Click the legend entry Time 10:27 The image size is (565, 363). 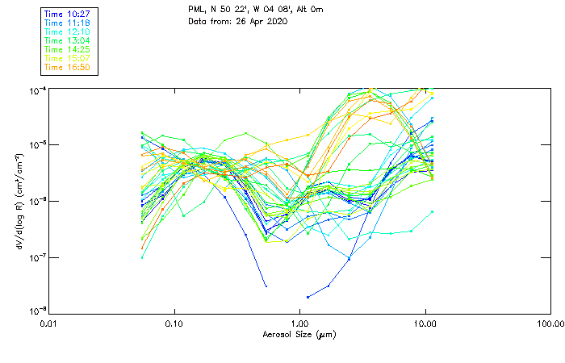click(x=65, y=14)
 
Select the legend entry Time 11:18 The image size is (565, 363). click(x=65, y=23)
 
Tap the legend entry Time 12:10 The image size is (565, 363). click(x=65, y=31)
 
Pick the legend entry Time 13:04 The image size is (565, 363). click(x=65, y=40)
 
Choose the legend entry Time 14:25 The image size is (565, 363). click(x=65, y=49)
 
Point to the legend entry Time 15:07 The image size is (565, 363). click(x=65, y=58)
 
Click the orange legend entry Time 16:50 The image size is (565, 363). click(x=65, y=67)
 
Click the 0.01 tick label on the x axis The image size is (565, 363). click(x=48, y=323)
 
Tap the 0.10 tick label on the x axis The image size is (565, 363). click(x=174, y=323)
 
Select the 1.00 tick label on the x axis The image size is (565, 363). click(x=299, y=323)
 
